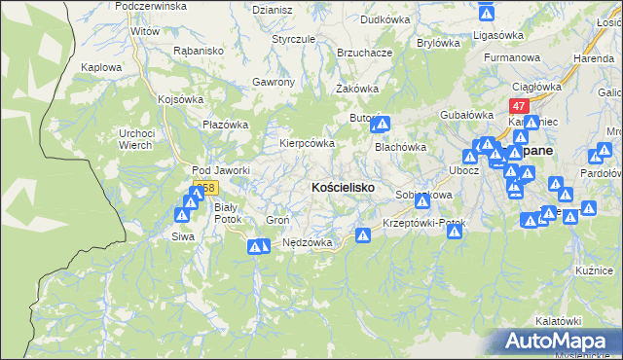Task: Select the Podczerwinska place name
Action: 150,6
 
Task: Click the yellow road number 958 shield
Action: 203,187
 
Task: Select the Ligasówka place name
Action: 497,35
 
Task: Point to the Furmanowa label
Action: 511,57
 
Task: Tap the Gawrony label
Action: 273,82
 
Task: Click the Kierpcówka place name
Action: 308,142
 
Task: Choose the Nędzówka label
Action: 308,242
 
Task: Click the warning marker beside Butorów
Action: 382,125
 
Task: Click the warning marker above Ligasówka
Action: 488,13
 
